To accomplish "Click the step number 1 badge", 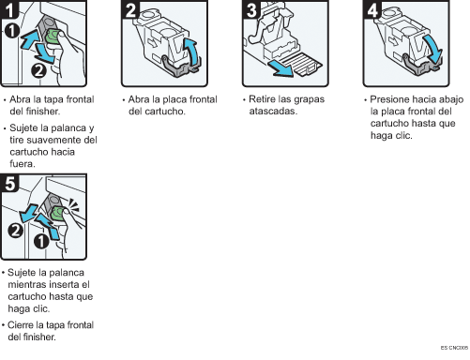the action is tap(9, 9).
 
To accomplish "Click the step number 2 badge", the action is tap(130, 9).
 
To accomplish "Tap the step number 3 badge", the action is tap(251, 9).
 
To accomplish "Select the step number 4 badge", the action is tap(372, 9).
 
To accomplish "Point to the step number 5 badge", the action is tap(9, 183).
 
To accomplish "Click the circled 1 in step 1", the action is tap(12, 31).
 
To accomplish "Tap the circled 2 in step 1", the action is tap(38, 70).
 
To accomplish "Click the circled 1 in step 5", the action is tap(41, 241).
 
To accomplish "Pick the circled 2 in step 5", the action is tap(15, 231).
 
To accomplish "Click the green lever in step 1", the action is tap(52, 38).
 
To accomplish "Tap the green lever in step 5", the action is tap(57, 213).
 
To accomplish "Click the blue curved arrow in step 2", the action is tap(191, 52).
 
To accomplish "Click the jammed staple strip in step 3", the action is tap(302, 64).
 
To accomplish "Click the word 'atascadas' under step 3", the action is tap(273, 112).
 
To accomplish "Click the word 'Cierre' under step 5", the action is tap(21, 325).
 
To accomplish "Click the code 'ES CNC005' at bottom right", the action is tap(454, 348).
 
